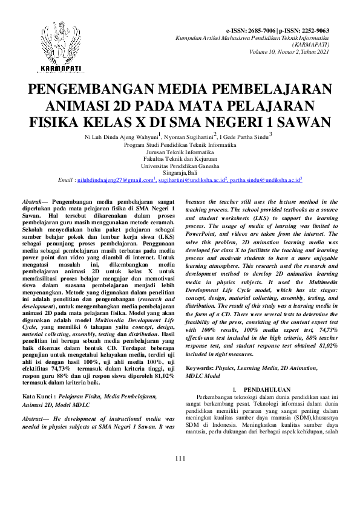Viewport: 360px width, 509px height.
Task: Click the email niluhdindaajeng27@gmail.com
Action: click(116, 180)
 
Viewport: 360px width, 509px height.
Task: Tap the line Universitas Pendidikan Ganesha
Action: click(180, 165)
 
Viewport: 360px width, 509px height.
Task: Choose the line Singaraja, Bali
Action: click(180, 172)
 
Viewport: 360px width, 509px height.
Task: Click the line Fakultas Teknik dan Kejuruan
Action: click(180, 158)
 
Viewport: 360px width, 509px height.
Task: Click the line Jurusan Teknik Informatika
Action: click(180, 152)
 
